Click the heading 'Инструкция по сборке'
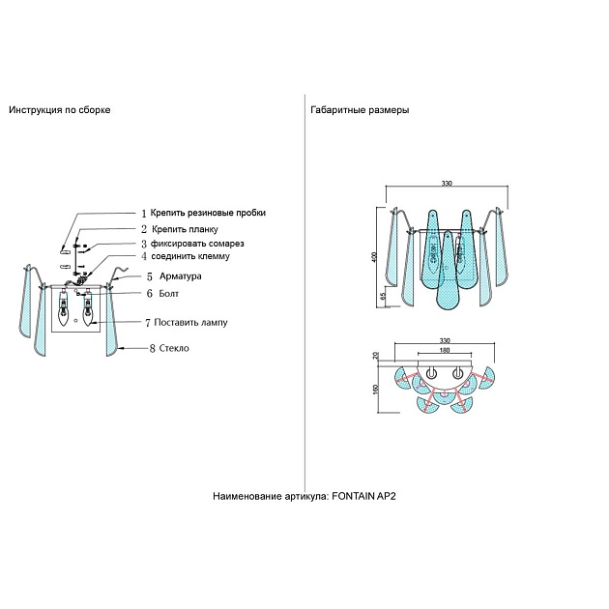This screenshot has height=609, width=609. coord(60,110)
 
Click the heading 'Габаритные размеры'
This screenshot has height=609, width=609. coord(360,110)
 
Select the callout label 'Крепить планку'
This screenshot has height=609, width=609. coord(184,229)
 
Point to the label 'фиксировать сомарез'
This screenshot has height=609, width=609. coord(197,244)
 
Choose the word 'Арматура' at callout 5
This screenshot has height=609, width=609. coord(181,276)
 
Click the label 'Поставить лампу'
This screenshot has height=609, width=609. coord(190,322)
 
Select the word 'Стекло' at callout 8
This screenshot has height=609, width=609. coord(174,348)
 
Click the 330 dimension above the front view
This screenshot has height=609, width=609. coord(447,183)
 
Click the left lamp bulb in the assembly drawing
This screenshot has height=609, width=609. coord(65,311)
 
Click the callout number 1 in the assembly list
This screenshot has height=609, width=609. coord(143,212)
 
